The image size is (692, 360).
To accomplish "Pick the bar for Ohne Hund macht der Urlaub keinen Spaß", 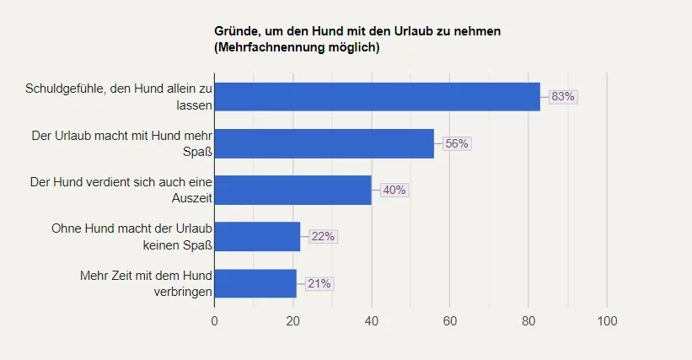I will click(x=257, y=236).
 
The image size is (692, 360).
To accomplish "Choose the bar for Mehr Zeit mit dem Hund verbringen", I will click(x=255, y=283).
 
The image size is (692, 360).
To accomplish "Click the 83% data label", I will click(x=562, y=97).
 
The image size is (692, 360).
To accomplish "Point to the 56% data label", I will click(x=456, y=143).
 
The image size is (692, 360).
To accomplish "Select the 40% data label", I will click(x=394, y=190).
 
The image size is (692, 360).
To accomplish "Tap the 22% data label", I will click(x=323, y=236).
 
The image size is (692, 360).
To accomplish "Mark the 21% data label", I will click(x=319, y=283).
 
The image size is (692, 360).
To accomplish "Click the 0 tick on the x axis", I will click(x=214, y=321).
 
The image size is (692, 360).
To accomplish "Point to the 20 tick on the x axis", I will click(x=292, y=321).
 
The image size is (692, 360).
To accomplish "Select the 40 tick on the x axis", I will click(x=371, y=321).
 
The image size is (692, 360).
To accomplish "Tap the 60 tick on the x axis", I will click(x=450, y=321).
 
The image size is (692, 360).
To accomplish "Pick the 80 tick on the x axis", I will click(x=528, y=321).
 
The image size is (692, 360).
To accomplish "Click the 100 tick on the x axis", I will click(x=607, y=321).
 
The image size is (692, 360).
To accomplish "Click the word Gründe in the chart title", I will click(x=237, y=31).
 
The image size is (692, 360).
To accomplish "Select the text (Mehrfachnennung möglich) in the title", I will click(x=297, y=47).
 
